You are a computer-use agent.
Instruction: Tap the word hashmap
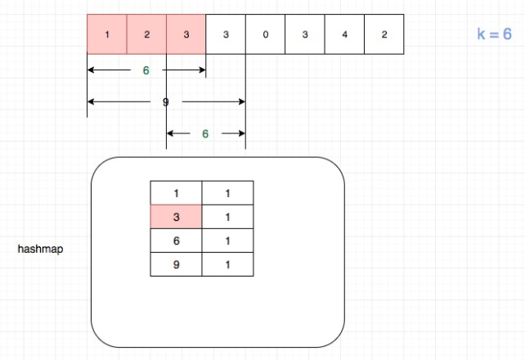pos(40,250)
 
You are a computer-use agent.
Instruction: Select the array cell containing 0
pos(265,34)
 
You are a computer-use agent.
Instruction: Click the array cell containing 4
pos(344,34)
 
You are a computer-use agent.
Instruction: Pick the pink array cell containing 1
pos(107,34)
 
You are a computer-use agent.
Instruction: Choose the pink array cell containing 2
pos(146,34)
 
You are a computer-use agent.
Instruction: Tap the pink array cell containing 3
pos(186,34)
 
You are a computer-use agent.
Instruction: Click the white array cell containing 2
pos(384,34)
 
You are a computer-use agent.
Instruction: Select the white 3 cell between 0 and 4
pos(304,34)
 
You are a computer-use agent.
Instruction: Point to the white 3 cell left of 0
pos(226,34)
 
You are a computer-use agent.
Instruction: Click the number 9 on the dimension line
pos(166,101)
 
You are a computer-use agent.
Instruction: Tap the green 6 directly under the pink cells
pos(146,70)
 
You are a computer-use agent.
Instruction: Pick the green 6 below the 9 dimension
pos(205,133)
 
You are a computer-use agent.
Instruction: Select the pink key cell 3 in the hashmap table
pos(176,216)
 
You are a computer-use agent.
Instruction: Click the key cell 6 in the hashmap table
pos(176,241)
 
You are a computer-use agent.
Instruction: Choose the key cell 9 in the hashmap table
pos(176,264)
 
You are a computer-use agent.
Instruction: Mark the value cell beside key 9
pos(227,264)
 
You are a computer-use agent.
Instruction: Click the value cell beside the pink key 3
pos(227,216)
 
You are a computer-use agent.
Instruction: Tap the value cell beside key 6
pos(227,241)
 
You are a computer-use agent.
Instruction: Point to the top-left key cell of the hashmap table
pos(176,192)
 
